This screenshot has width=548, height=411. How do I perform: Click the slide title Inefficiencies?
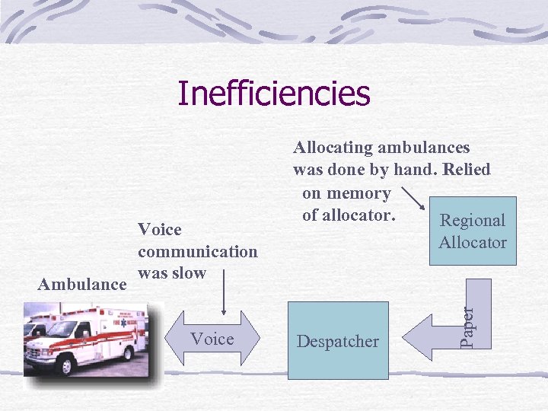tap(274, 94)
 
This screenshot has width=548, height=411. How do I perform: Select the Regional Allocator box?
tap(472, 231)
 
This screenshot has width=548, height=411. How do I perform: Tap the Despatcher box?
tap(337, 341)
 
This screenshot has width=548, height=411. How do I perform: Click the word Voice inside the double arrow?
tap(212, 339)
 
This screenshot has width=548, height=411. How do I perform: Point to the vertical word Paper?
tap(469, 324)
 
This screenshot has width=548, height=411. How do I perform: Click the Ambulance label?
tap(82, 284)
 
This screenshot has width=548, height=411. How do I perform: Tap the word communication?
tap(198, 251)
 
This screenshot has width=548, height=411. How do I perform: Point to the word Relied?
tap(462, 169)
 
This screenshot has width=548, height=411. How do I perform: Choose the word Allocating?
tap(332, 148)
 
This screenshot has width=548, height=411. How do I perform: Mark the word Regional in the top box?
tap(473, 221)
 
